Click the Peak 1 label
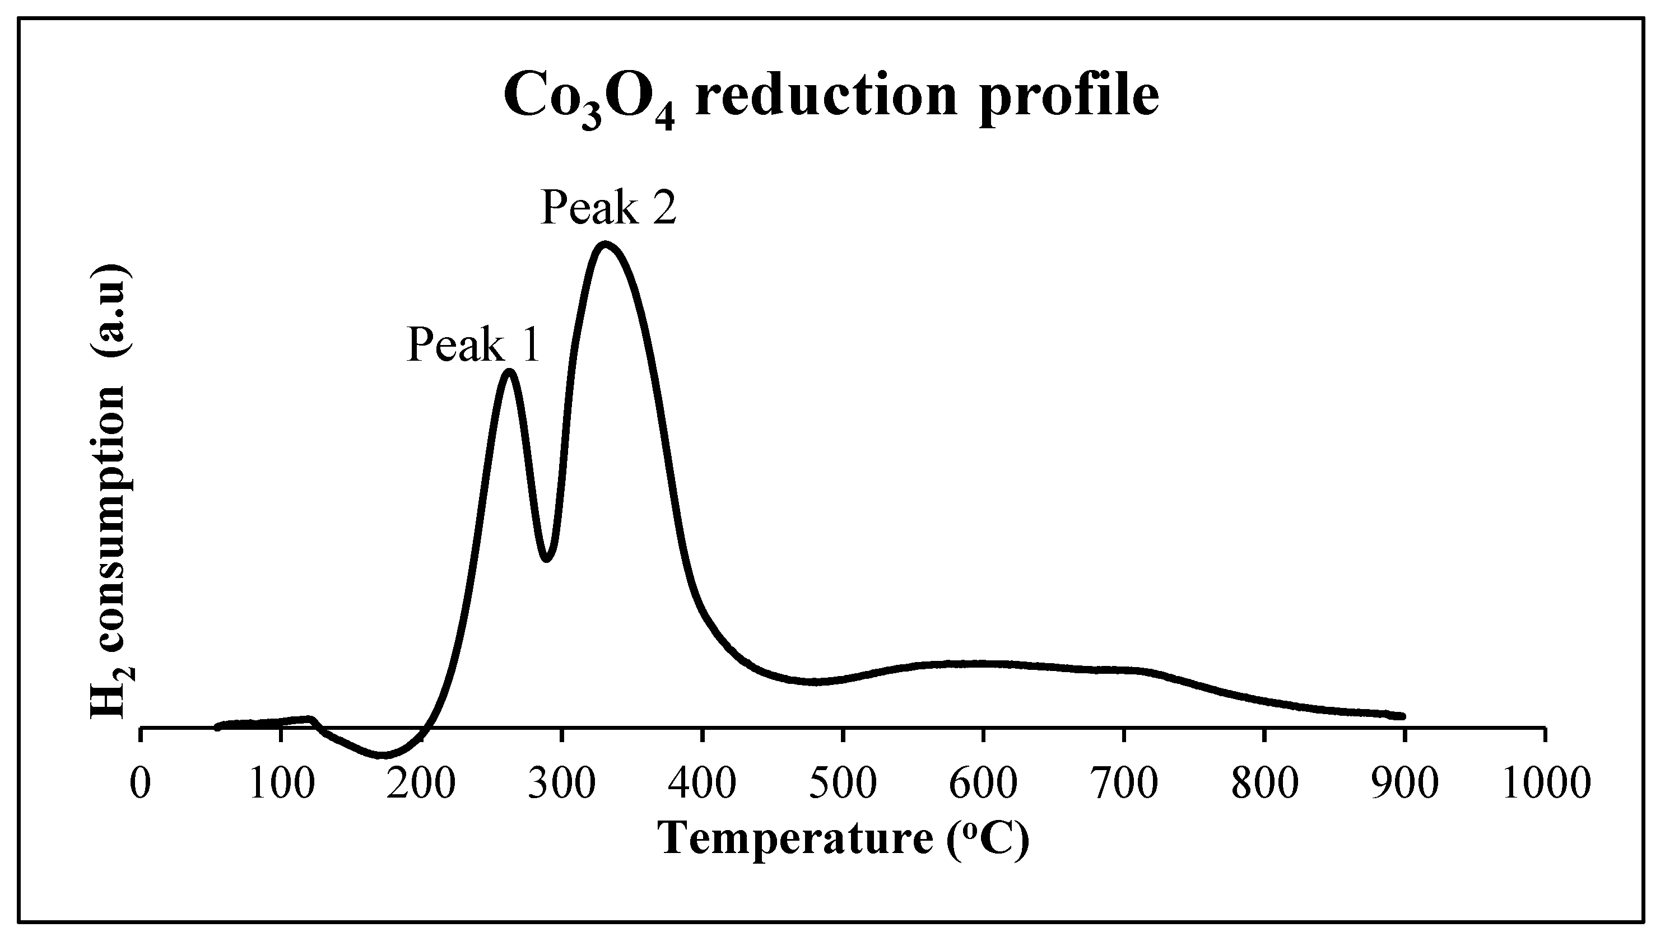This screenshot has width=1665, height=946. point(473,345)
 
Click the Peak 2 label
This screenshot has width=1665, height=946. point(608,208)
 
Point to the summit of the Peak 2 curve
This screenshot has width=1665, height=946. point(605,245)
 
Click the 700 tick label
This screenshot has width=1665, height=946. point(1124,784)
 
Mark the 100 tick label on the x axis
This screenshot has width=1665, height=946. point(281,784)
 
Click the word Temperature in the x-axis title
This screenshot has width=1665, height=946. point(796,839)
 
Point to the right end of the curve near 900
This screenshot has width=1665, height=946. point(1402,715)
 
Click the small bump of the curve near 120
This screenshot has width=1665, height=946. point(310,719)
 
